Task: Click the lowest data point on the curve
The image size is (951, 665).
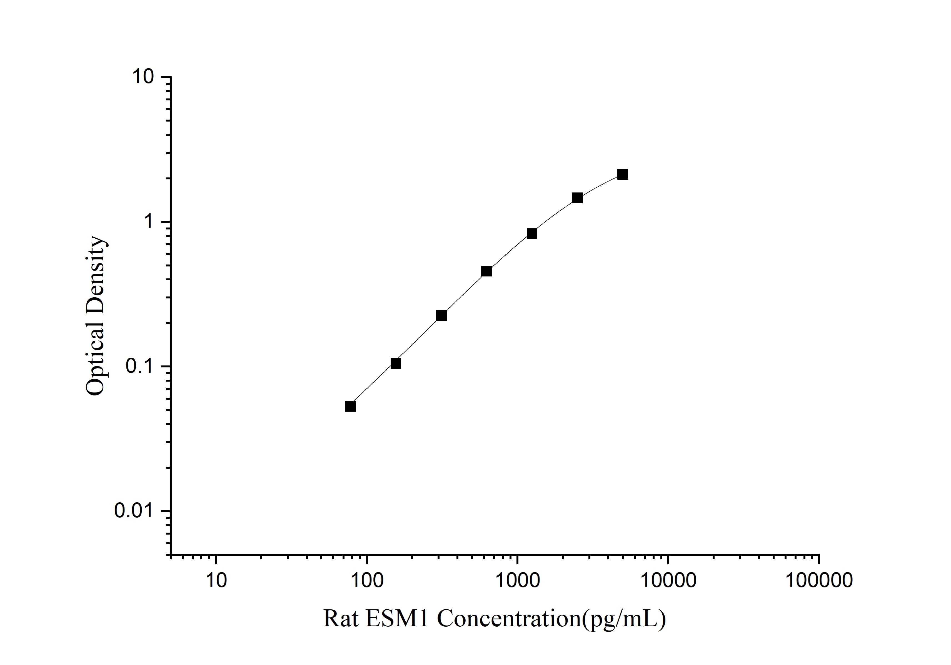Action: (350, 406)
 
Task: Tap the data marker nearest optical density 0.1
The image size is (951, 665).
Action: (396, 363)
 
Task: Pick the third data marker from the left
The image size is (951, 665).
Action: (441, 315)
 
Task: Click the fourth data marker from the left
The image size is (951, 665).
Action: (487, 271)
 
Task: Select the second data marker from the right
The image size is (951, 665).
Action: (577, 198)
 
